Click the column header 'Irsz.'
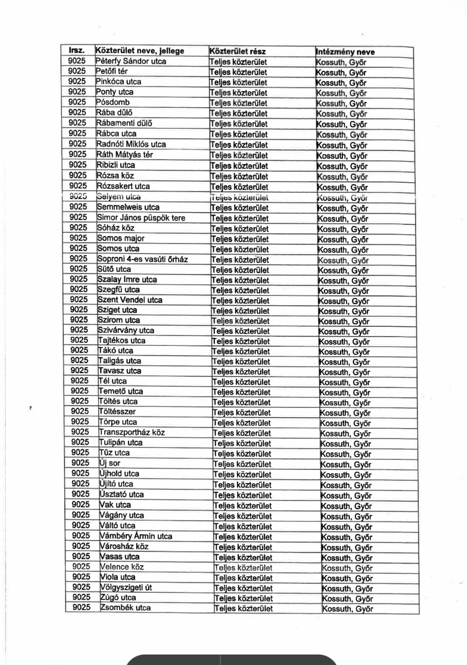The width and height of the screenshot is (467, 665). tap(76, 50)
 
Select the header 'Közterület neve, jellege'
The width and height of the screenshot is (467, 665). tap(140, 51)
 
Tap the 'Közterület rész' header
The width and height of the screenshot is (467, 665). tap(237, 52)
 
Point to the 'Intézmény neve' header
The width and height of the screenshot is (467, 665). tap(345, 52)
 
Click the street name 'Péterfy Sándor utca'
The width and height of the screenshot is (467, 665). tap(131, 61)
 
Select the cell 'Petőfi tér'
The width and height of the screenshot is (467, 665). tap(112, 72)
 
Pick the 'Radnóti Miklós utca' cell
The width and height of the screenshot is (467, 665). tap(132, 144)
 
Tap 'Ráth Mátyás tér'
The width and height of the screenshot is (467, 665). tap(125, 155)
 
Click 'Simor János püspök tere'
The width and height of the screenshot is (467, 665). tap(141, 218)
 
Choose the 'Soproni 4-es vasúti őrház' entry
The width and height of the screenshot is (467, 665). tap(142, 259)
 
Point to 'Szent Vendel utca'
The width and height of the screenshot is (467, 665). tap(130, 300)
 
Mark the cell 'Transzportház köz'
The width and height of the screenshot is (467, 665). tap(132, 432)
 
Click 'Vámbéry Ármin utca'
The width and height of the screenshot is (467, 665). tap(136, 536)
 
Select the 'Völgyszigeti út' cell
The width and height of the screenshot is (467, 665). tap(126, 587)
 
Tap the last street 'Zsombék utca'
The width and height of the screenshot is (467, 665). tap(125, 608)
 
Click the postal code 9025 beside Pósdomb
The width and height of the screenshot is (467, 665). tap(77, 102)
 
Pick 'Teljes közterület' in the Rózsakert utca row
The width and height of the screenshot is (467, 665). tap(239, 187)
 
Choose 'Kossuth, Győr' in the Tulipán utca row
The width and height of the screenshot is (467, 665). tap(345, 444)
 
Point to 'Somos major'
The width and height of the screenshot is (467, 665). tap(121, 238)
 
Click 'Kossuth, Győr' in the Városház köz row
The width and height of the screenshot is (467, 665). tap(347, 548)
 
